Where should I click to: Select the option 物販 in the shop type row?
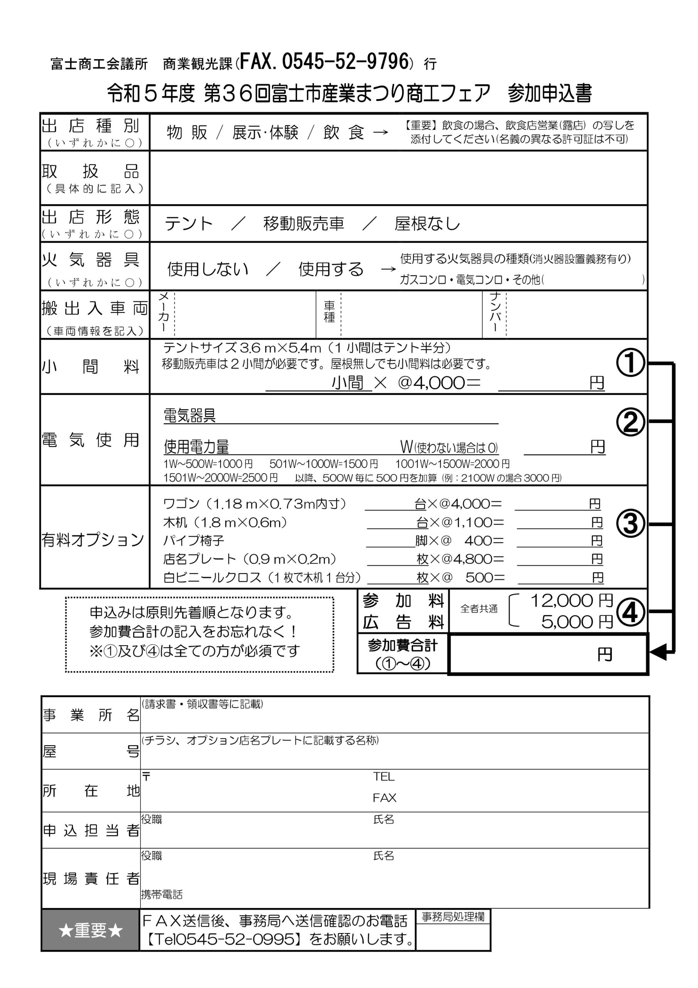pos(187,132)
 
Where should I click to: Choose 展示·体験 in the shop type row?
pos(265,132)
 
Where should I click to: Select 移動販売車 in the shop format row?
pos(304,224)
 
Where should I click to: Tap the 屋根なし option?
pos(427,224)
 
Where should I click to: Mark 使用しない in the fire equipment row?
pos(208,269)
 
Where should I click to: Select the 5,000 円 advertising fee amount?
pos(576,622)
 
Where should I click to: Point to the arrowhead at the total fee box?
pos(657,652)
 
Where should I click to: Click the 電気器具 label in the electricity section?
pos(189,416)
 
